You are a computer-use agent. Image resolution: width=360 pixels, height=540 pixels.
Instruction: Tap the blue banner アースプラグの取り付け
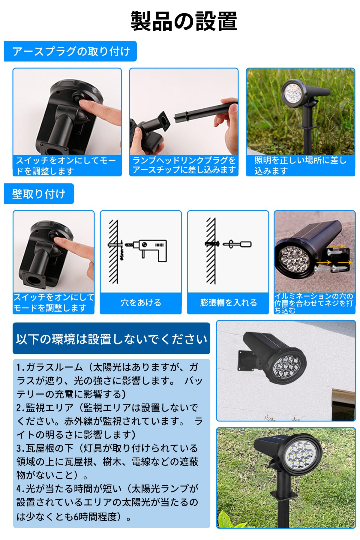71,51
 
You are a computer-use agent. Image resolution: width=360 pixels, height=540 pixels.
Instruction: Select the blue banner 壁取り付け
39,194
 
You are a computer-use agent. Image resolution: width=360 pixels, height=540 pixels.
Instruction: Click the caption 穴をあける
141,302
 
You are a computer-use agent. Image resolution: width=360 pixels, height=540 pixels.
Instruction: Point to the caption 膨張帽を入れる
228,302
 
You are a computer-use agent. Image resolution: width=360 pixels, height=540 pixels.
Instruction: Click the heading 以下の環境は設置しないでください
111,339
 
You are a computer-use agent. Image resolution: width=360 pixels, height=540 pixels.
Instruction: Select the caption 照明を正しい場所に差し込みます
300,165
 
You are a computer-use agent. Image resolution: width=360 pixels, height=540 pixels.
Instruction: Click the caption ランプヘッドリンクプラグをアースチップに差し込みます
184,165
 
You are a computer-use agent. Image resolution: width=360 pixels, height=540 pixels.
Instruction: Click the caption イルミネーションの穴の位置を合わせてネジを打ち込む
314,303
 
